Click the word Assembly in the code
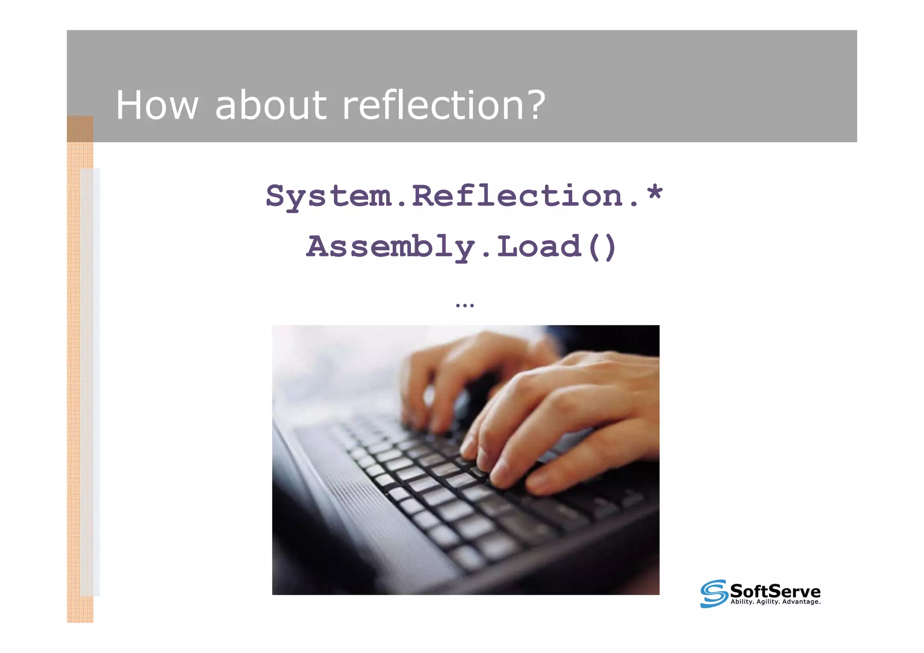[390, 247]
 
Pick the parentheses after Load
[602, 247]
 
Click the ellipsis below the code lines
[465, 306]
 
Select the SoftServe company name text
[775, 591]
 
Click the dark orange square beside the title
[80, 129]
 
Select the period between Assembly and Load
[486, 255]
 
